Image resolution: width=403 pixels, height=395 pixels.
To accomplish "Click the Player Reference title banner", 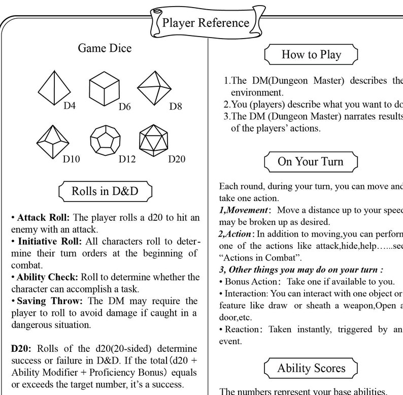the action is [206, 22].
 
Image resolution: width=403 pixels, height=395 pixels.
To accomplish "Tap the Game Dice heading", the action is [105, 48].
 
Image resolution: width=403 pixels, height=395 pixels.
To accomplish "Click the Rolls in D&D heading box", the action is [105, 191].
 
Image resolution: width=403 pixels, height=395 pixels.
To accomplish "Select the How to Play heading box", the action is [311, 54].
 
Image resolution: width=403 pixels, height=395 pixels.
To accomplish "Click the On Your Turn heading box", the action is [311, 161].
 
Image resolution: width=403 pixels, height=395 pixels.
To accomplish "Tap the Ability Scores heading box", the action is [311, 368].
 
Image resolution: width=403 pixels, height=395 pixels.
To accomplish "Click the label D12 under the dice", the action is [127, 159].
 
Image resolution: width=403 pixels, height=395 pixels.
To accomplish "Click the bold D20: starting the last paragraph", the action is [22, 350].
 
